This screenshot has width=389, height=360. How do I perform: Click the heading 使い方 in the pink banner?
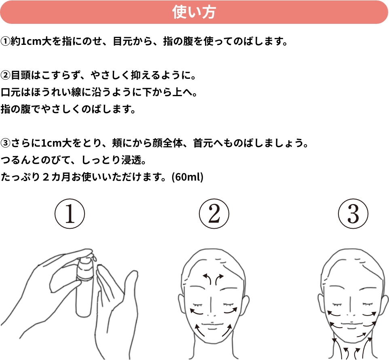(x=194, y=12)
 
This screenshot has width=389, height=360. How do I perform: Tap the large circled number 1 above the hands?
(x=70, y=214)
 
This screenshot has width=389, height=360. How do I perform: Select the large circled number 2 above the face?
(x=214, y=214)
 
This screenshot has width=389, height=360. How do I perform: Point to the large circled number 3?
(x=353, y=214)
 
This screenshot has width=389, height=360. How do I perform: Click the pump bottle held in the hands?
(x=85, y=285)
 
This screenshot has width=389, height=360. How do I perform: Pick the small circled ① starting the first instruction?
(x=5, y=41)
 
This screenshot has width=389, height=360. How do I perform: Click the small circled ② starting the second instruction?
(x=5, y=75)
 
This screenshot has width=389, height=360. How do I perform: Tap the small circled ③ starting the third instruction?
(x=5, y=143)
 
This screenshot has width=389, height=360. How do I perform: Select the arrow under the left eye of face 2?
(x=197, y=312)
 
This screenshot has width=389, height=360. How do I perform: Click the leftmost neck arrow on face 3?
(x=335, y=348)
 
